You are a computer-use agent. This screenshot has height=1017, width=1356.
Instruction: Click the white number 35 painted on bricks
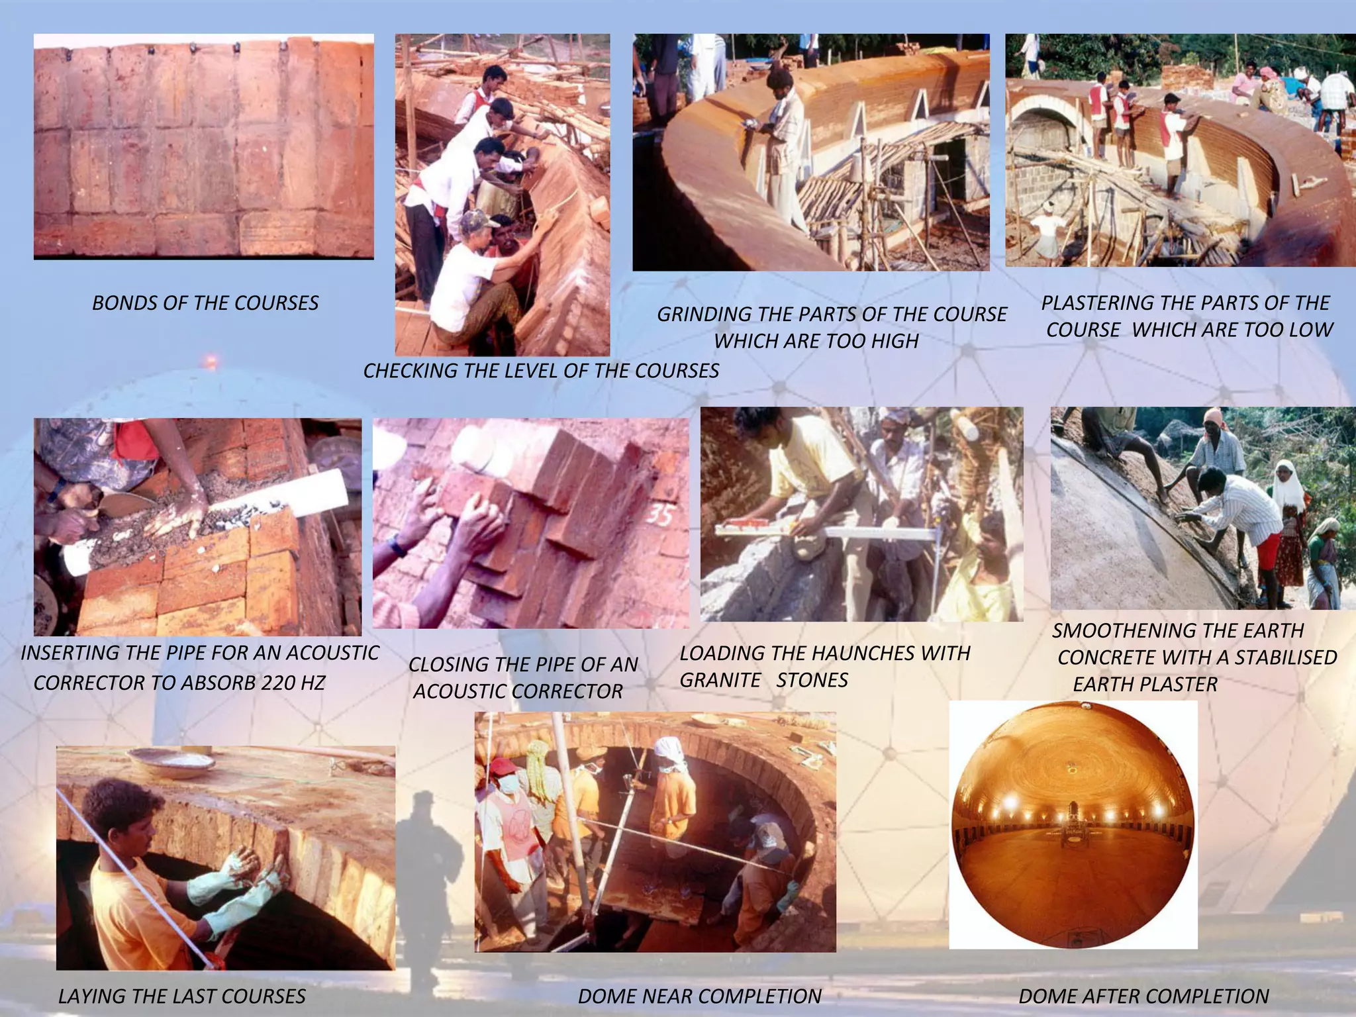(x=659, y=514)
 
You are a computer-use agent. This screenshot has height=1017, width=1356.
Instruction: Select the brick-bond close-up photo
(x=203, y=146)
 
